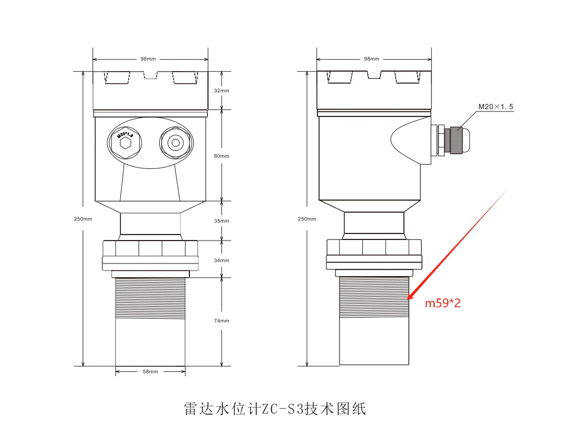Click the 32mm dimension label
[222, 91]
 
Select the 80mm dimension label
[222, 156]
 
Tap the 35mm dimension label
[222, 221]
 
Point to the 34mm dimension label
[222, 260]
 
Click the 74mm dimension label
[222, 321]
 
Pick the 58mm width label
[151, 372]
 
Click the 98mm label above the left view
[148, 59]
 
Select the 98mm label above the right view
[372, 59]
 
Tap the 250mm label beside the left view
[83, 219]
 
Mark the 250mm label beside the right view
[307, 219]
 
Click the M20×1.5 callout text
[496, 107]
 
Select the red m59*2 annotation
[443, 303]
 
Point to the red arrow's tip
[408, 299]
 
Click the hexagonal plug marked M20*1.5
[125, 143]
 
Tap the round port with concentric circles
[176, 143]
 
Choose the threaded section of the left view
[151, 298]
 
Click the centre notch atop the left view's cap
[151, 75]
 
